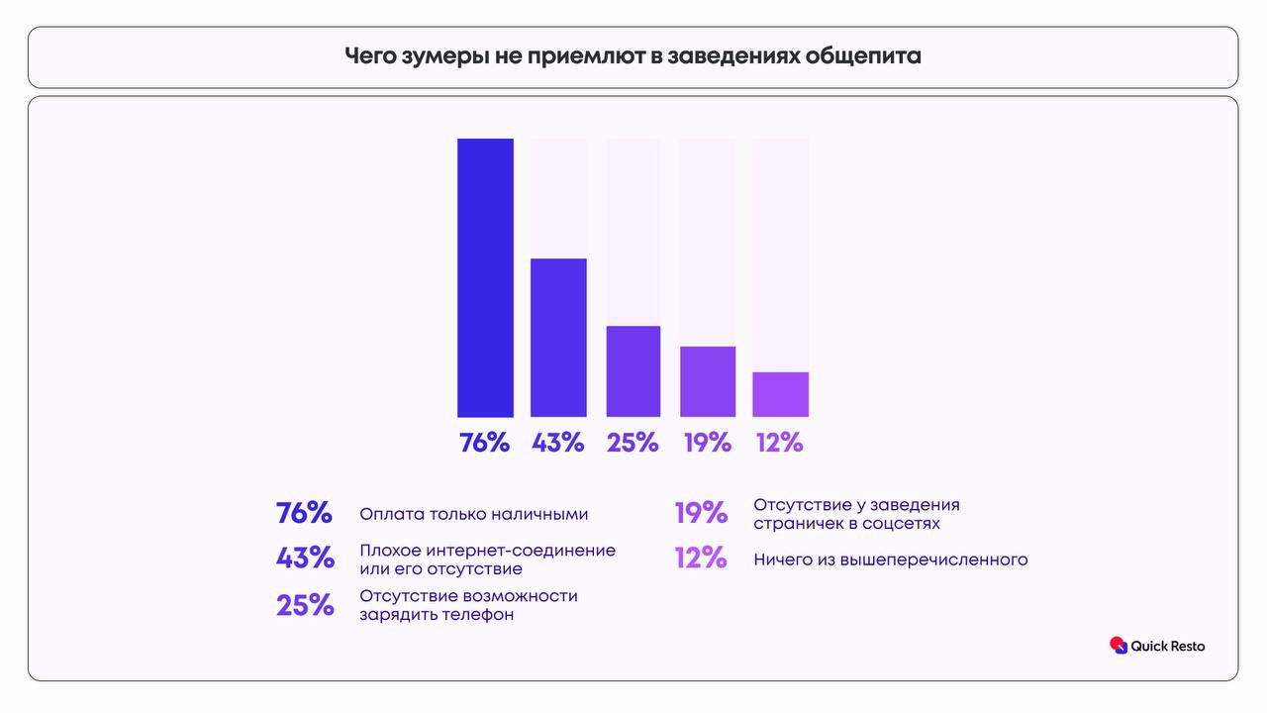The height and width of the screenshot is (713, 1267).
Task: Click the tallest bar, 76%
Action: coord(485,277)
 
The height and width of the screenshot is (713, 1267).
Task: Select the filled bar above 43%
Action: coord(558,337)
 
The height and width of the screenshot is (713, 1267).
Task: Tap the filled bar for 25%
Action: coord(633,370)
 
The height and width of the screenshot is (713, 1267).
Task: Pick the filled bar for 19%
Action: coord(707,381)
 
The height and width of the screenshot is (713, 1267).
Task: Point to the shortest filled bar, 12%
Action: coord(780,394)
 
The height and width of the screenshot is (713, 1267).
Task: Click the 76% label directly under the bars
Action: coord(484,443)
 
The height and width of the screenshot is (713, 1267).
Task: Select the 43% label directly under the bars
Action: coord(557,443)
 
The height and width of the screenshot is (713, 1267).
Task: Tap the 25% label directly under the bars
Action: coord(633,443)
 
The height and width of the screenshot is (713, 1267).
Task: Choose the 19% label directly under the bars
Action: coord(707,443)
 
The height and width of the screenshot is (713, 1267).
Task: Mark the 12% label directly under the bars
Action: coord(779,443)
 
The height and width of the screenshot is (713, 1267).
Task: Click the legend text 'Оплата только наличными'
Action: coord(473,514)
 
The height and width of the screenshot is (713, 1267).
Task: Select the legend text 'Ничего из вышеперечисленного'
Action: coord(890,560)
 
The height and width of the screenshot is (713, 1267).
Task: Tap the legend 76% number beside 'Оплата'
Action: coord(304,513)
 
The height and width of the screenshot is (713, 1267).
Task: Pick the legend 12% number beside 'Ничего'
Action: coord(701,559)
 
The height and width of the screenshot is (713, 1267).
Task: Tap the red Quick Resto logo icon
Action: coord(1119,646)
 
